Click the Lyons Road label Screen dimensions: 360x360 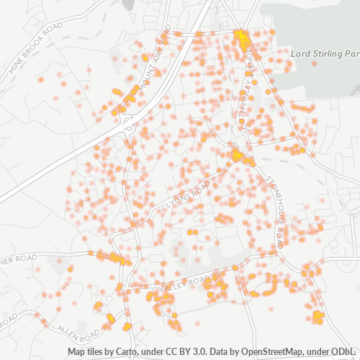189,195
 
